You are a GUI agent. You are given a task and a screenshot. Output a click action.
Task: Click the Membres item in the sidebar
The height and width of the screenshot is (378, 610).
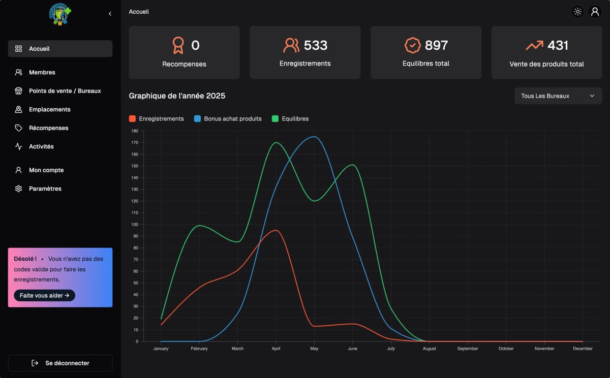(42, 73)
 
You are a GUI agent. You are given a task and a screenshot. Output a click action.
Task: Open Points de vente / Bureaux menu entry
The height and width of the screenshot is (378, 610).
(65, 91)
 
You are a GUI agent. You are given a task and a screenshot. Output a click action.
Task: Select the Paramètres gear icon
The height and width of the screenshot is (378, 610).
(19, 188)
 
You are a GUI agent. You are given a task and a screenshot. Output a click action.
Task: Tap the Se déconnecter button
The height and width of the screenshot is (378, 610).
(60, 363)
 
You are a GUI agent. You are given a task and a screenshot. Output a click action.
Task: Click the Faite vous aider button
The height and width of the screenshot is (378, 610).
(44, 295)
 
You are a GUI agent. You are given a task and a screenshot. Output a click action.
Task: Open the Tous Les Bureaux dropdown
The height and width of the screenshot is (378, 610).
(558, 96)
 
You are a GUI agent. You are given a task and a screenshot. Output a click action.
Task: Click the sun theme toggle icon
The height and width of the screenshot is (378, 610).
(577, 12)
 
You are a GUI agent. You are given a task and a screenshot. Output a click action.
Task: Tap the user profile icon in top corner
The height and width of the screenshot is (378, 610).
(595, 12)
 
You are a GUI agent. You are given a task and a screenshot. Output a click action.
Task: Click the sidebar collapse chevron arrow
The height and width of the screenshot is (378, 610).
(110, 14)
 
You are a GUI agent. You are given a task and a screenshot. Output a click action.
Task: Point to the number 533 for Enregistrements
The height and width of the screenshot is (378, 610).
(316, 45)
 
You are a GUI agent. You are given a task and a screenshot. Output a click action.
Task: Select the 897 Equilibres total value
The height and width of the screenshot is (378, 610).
(436, 45)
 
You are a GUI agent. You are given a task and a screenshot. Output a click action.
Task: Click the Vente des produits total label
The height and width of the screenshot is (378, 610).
(546, 65)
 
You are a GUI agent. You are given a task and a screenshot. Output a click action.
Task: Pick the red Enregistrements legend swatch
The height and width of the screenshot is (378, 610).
(132, 119)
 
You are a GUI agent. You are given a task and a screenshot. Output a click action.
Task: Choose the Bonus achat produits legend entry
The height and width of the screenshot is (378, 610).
(232, 119)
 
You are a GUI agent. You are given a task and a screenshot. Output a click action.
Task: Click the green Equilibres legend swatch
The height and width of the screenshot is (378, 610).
(275, 119)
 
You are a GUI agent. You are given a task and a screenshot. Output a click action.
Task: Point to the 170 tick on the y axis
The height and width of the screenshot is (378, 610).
(135, 143)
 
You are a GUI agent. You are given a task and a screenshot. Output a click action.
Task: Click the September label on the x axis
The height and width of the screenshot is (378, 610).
(468, 349)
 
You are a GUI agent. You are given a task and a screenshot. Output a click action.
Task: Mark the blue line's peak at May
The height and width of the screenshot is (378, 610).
(314, 137)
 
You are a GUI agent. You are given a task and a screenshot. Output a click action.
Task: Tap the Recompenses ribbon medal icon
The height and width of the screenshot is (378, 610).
(177, 46)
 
